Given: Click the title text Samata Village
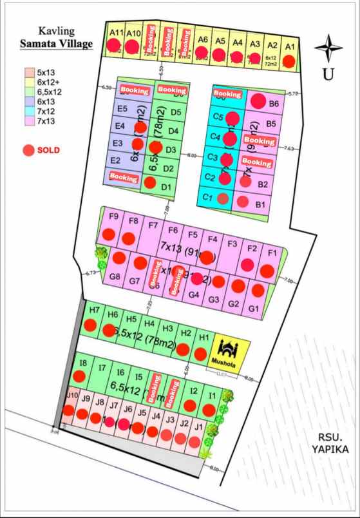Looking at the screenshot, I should point(56,44).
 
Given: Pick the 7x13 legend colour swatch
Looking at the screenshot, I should point(29,120).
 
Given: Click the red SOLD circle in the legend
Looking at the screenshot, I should point(28,150).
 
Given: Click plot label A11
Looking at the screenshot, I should point(116,32).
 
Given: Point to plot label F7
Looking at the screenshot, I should point(153,225).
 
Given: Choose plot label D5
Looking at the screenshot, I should point(175,112).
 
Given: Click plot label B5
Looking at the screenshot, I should point(271,124).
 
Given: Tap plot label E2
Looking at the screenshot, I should point(116,160).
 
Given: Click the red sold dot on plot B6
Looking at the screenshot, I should point(258,101).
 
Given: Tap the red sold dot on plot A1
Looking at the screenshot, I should point(289,61).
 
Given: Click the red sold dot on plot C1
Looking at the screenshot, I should point(223,199).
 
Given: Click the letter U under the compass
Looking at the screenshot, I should point(328,75).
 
